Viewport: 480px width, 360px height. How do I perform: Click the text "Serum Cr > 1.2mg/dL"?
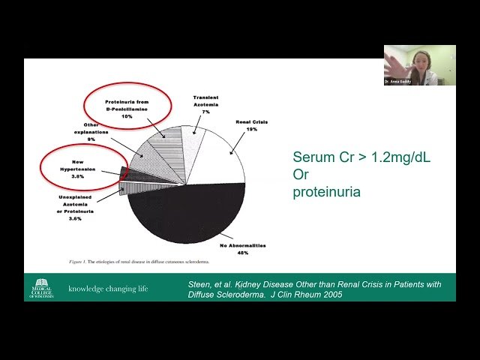[361, 157]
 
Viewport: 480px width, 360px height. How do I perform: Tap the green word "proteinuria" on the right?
[326, 192]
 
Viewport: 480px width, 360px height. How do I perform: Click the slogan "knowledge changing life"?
[108, 289]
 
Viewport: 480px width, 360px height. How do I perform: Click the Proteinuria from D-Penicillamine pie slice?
[157, 139]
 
